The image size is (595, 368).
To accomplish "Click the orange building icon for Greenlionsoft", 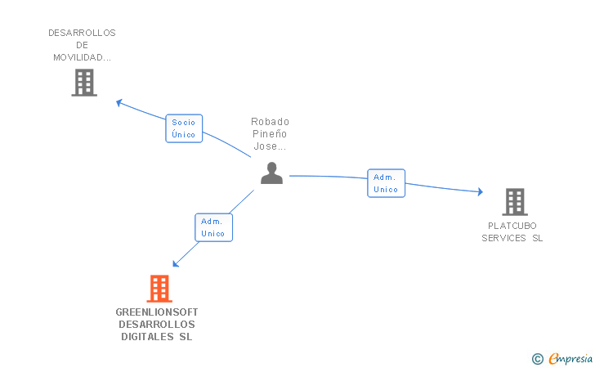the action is coord(159,289).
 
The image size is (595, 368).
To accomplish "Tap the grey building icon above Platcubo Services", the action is coord(514,202).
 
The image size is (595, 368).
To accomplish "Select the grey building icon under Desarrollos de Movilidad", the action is coord(84,83).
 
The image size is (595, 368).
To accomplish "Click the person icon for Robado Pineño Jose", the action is coord(271,173).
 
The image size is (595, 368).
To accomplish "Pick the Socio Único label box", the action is coord(184,128).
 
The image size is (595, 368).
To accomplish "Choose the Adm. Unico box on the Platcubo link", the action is coord(386,183).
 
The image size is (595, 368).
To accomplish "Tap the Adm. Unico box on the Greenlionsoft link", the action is coord(213,227).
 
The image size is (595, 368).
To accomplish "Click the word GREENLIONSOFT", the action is coord(157,312).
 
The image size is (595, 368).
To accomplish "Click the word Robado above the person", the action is coord(270,122).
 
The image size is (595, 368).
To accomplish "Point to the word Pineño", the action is coord(270,134).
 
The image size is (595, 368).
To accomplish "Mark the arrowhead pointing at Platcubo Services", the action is coord(480,192).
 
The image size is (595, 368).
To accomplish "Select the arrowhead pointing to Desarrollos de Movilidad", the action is coord(119,102).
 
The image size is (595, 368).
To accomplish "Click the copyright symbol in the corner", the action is coord(537,358).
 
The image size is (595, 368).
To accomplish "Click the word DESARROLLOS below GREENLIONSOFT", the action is coord(157,325).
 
